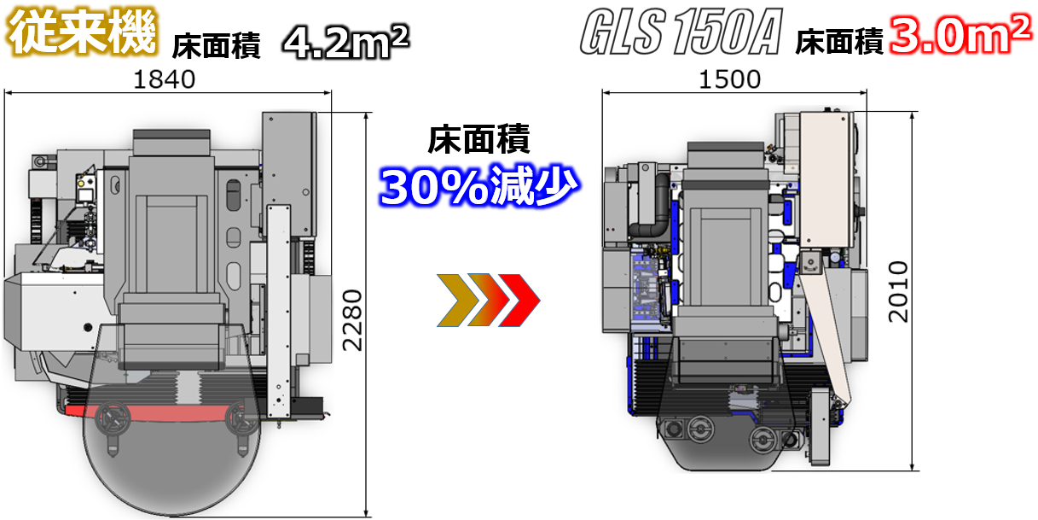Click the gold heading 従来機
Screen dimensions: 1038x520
pyautogui.click(x=83, y=32)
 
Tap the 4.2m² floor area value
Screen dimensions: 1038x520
pyautogui.click(x=346, y=42)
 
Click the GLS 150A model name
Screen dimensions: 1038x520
pyautogui.click(x=681, y=32)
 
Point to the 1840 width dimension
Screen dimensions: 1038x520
pyautogui.click(x=164, y=79)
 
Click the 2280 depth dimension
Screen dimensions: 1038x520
pyautogui.click(x=352, y=320)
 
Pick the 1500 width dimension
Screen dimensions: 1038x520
pyautogui.click(x=729, y=79)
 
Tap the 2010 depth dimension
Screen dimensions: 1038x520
pyautogui.click(x=898, y=292)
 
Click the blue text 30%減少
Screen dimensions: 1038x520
pyautogui.click(x=478, y=186)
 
